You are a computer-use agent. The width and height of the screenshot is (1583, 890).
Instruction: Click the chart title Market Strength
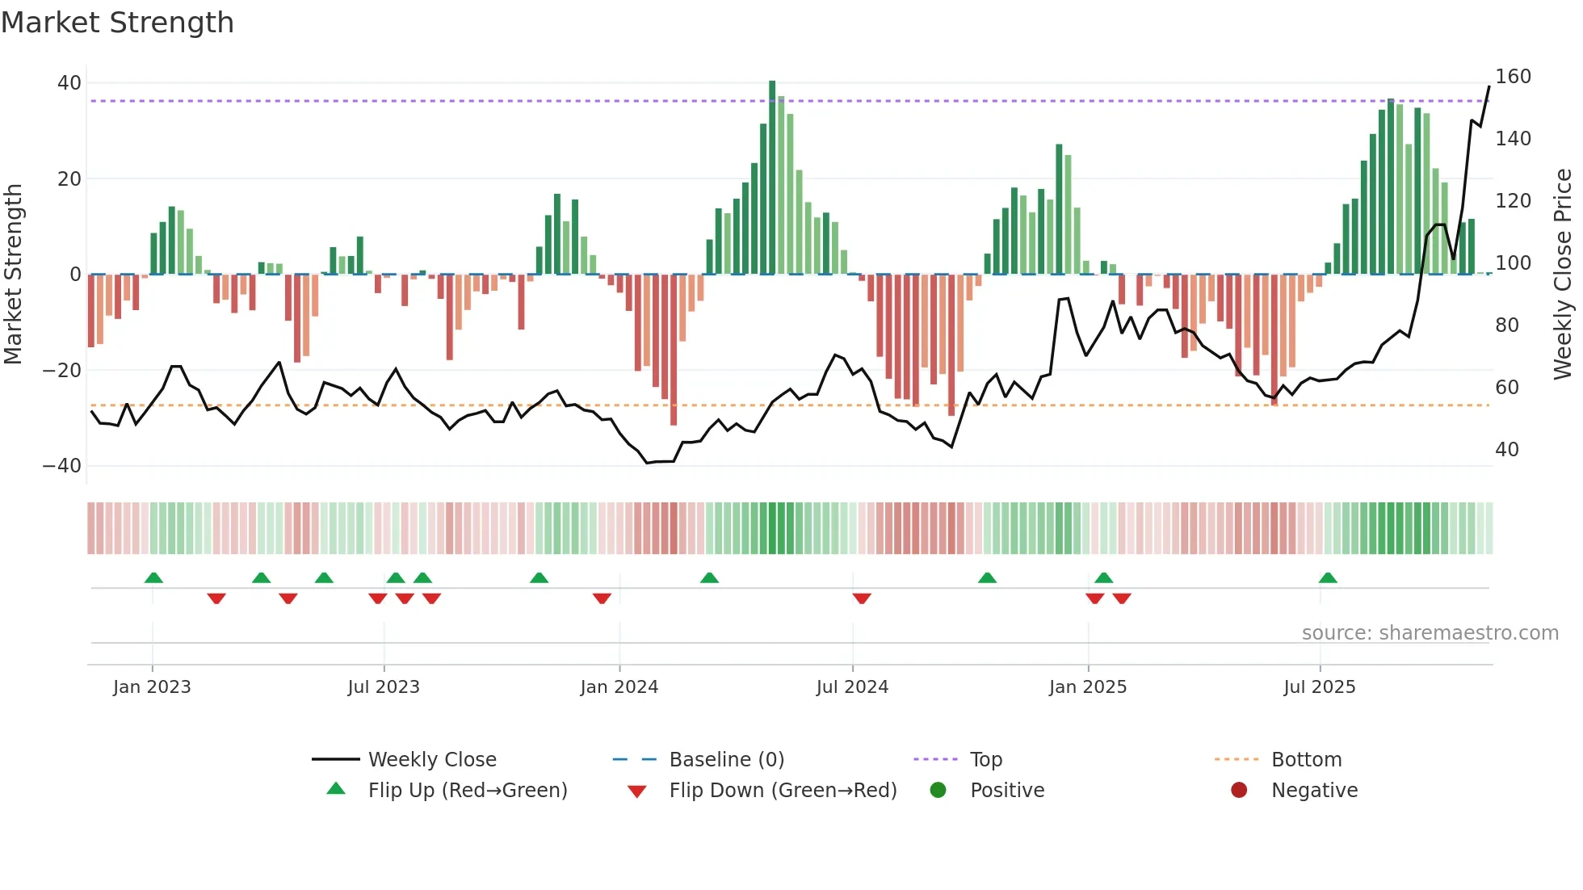[x=118, y=23]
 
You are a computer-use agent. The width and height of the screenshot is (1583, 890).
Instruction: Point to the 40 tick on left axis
[x=69, y=83]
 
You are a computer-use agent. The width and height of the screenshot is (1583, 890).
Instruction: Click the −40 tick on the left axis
[x=62, y=466]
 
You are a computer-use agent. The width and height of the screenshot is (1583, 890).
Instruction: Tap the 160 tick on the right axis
[x=1513, y=77]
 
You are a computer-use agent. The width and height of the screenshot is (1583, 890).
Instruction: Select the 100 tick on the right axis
[x=1513, y=263]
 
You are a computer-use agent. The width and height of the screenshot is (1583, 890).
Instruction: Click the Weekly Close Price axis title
[x=1563, y=275]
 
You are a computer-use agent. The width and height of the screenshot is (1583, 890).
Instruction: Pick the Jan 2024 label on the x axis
[x=619, y=687]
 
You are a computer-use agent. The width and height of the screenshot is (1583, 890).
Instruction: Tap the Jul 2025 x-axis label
[x=1320, y=687]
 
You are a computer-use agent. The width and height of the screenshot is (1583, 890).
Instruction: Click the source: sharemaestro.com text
[x=1430, y=633]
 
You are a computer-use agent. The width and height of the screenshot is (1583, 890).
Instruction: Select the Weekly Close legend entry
[x=432, y=760]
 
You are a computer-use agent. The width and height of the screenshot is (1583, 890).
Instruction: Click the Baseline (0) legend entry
[x=726, y=760]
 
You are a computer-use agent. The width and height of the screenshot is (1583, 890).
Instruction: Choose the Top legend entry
[x=985, y=760]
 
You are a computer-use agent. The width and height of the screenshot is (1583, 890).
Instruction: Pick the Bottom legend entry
[x=1306, y=760]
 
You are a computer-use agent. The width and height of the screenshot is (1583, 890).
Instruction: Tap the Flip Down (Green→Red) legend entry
[x=783, y=791]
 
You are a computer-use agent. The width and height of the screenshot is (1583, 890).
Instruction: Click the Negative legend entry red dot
[x=1239, y=791]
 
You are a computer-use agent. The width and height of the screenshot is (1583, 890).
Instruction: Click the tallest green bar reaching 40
[x=772, y=178]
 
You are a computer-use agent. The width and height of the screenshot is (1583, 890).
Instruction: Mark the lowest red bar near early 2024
[x=674, y=349]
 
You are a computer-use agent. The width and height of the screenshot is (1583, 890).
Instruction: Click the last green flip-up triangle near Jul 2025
[x=1328, y=578]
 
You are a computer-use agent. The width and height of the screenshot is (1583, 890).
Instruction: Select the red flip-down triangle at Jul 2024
[x=862, y=598]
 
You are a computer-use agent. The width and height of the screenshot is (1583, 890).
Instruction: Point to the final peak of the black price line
[x=1489, y=87]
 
